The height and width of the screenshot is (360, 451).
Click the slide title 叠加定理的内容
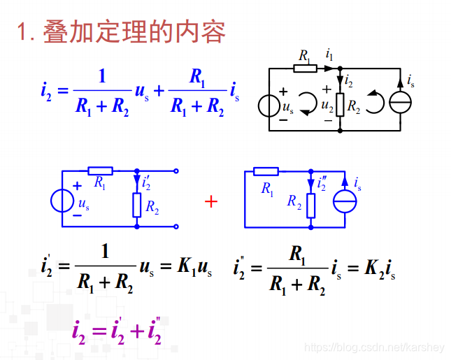(x=134, y=32)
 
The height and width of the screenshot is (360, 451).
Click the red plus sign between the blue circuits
(x=211, y=201)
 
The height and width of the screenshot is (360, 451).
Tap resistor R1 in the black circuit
(x=305, y=68)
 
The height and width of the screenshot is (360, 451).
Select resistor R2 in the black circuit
(x=340, y=106)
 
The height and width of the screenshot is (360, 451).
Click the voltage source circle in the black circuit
(x=269, y=106)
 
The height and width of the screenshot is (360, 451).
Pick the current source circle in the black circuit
(x=401, y=103)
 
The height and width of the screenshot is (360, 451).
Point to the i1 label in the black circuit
(x=329, y=54)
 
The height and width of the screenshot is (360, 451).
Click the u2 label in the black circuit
(x=327, y=106)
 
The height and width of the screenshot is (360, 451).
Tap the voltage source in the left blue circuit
(x=62, y=201)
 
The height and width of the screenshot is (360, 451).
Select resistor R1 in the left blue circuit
(x=101, y=171)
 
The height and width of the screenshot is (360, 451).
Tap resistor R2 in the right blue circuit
(x=311, y=205)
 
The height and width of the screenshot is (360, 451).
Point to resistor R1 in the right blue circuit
(x=266, y=171)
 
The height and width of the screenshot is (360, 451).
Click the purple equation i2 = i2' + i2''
(x=117, y=330)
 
